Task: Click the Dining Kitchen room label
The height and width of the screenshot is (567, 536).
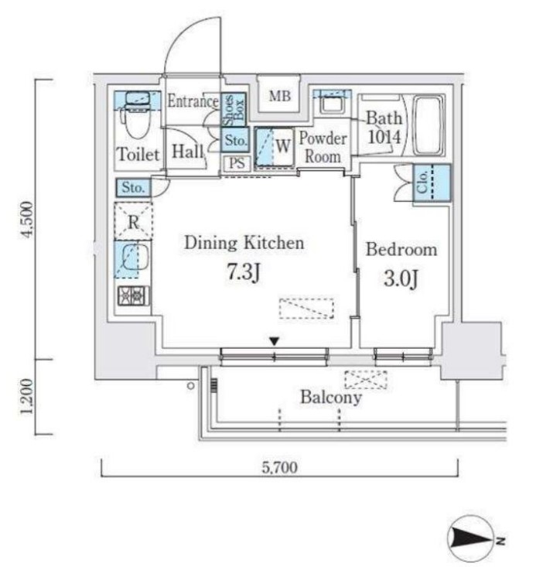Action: (244, 243)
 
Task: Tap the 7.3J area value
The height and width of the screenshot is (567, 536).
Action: (244, 274)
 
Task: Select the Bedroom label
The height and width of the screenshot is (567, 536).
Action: (401, 250)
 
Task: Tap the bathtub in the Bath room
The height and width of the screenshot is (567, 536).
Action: (428, 126)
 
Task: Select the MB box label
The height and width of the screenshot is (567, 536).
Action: (279, 97)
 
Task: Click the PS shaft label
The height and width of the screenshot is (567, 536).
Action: (236, 163)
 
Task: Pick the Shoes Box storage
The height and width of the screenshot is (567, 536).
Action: (234, 111)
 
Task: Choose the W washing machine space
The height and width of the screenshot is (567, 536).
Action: (275, 146)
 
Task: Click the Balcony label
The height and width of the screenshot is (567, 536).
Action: (331, 398)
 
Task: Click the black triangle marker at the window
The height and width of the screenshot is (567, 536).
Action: (274, 340)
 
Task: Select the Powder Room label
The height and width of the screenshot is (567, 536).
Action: (323, 148)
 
